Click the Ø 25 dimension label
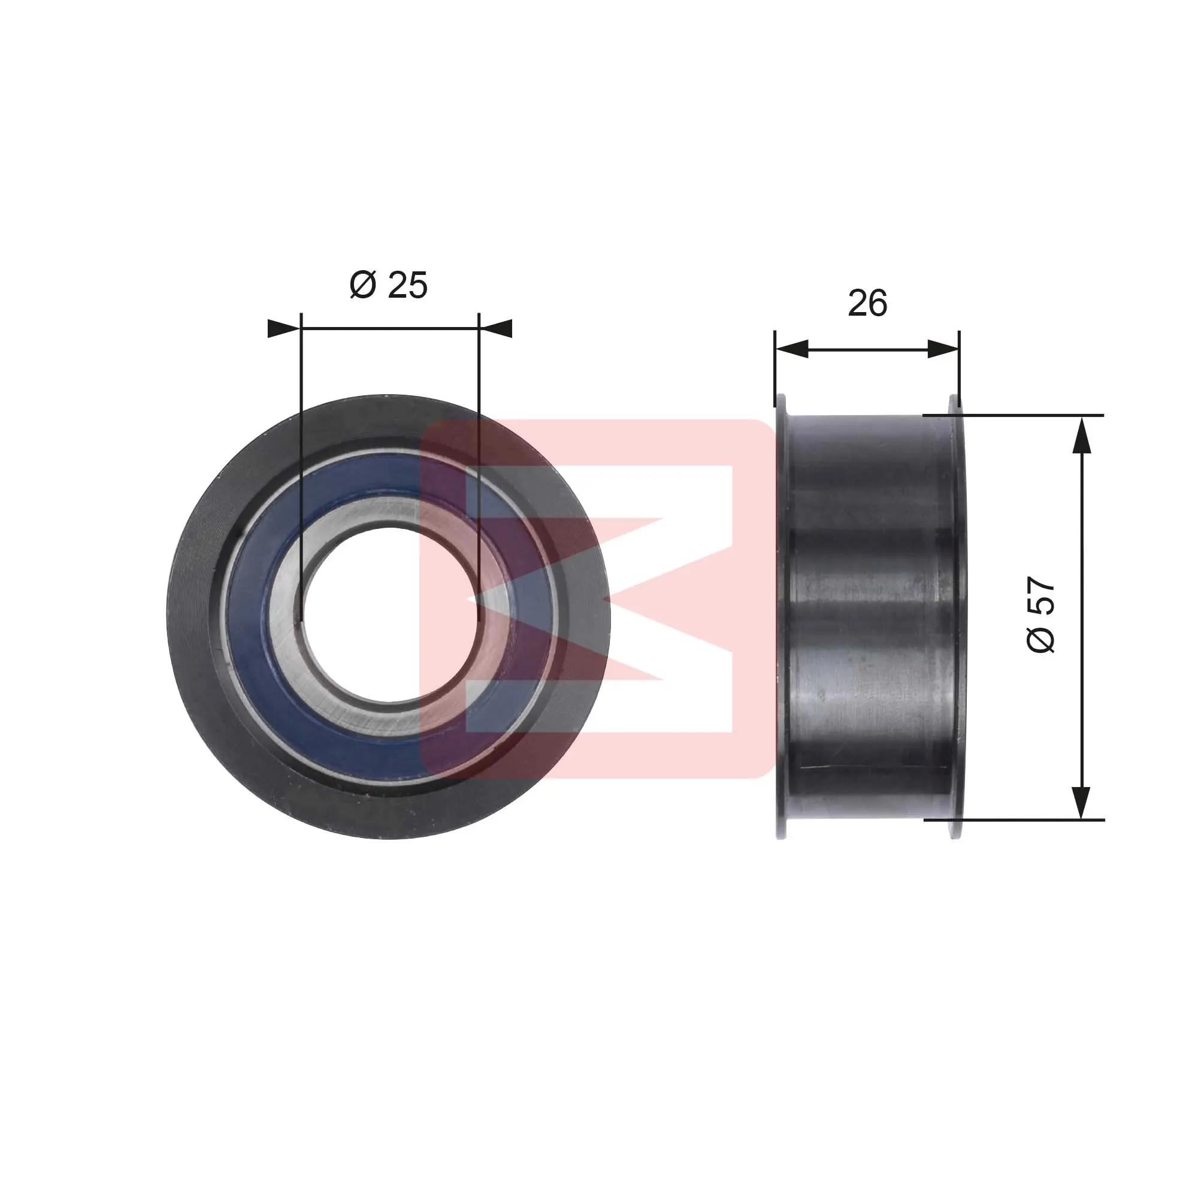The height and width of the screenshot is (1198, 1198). (x=388, y=285)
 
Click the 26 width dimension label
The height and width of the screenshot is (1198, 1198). (x=867, y=304)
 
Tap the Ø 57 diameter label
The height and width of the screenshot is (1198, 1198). (x=1041, y=615)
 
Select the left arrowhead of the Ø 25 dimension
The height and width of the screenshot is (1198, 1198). (x=284, y=329)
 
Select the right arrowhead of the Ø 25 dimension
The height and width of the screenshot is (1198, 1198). (x=495, y=329)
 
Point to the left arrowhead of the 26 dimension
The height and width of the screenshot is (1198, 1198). (x=792, y=349)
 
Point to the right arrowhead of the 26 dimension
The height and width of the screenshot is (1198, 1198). (x=943, y=349)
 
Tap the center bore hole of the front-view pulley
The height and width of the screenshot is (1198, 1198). (x=389, y=616)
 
